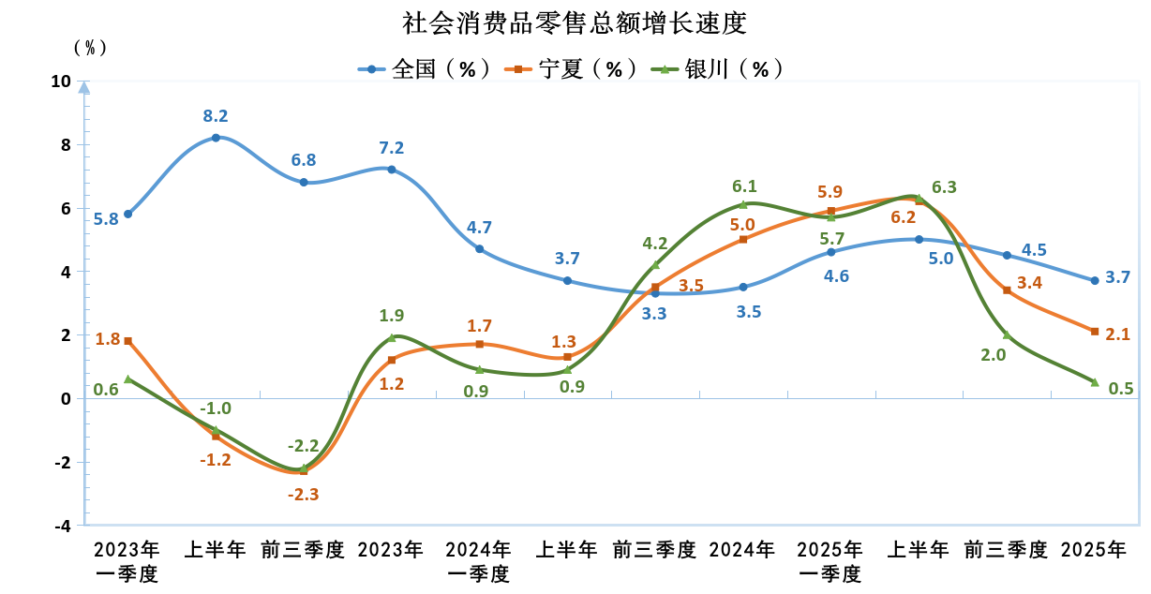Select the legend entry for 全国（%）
tap(427, 68)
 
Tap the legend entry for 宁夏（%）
tap(573, 68)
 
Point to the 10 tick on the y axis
tap(61, 82)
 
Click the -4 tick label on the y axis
tap(61, 526)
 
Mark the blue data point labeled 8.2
tap(216, 138)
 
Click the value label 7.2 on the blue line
tap(391, 148)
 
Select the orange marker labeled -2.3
tap(304, 471)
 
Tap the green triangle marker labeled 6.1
tap(743, 204)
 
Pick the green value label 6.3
tap(945, 187)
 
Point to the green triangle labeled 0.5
tap(1094, 381)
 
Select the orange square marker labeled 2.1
tap(1094, 331)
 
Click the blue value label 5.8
tap(106, 220)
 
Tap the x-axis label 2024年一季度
tap(479, 561)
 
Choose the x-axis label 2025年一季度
tap(830, 561)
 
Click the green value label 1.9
tap(392, 316)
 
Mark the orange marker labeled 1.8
tap(127, 341)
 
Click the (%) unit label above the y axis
tap(91, 47)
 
